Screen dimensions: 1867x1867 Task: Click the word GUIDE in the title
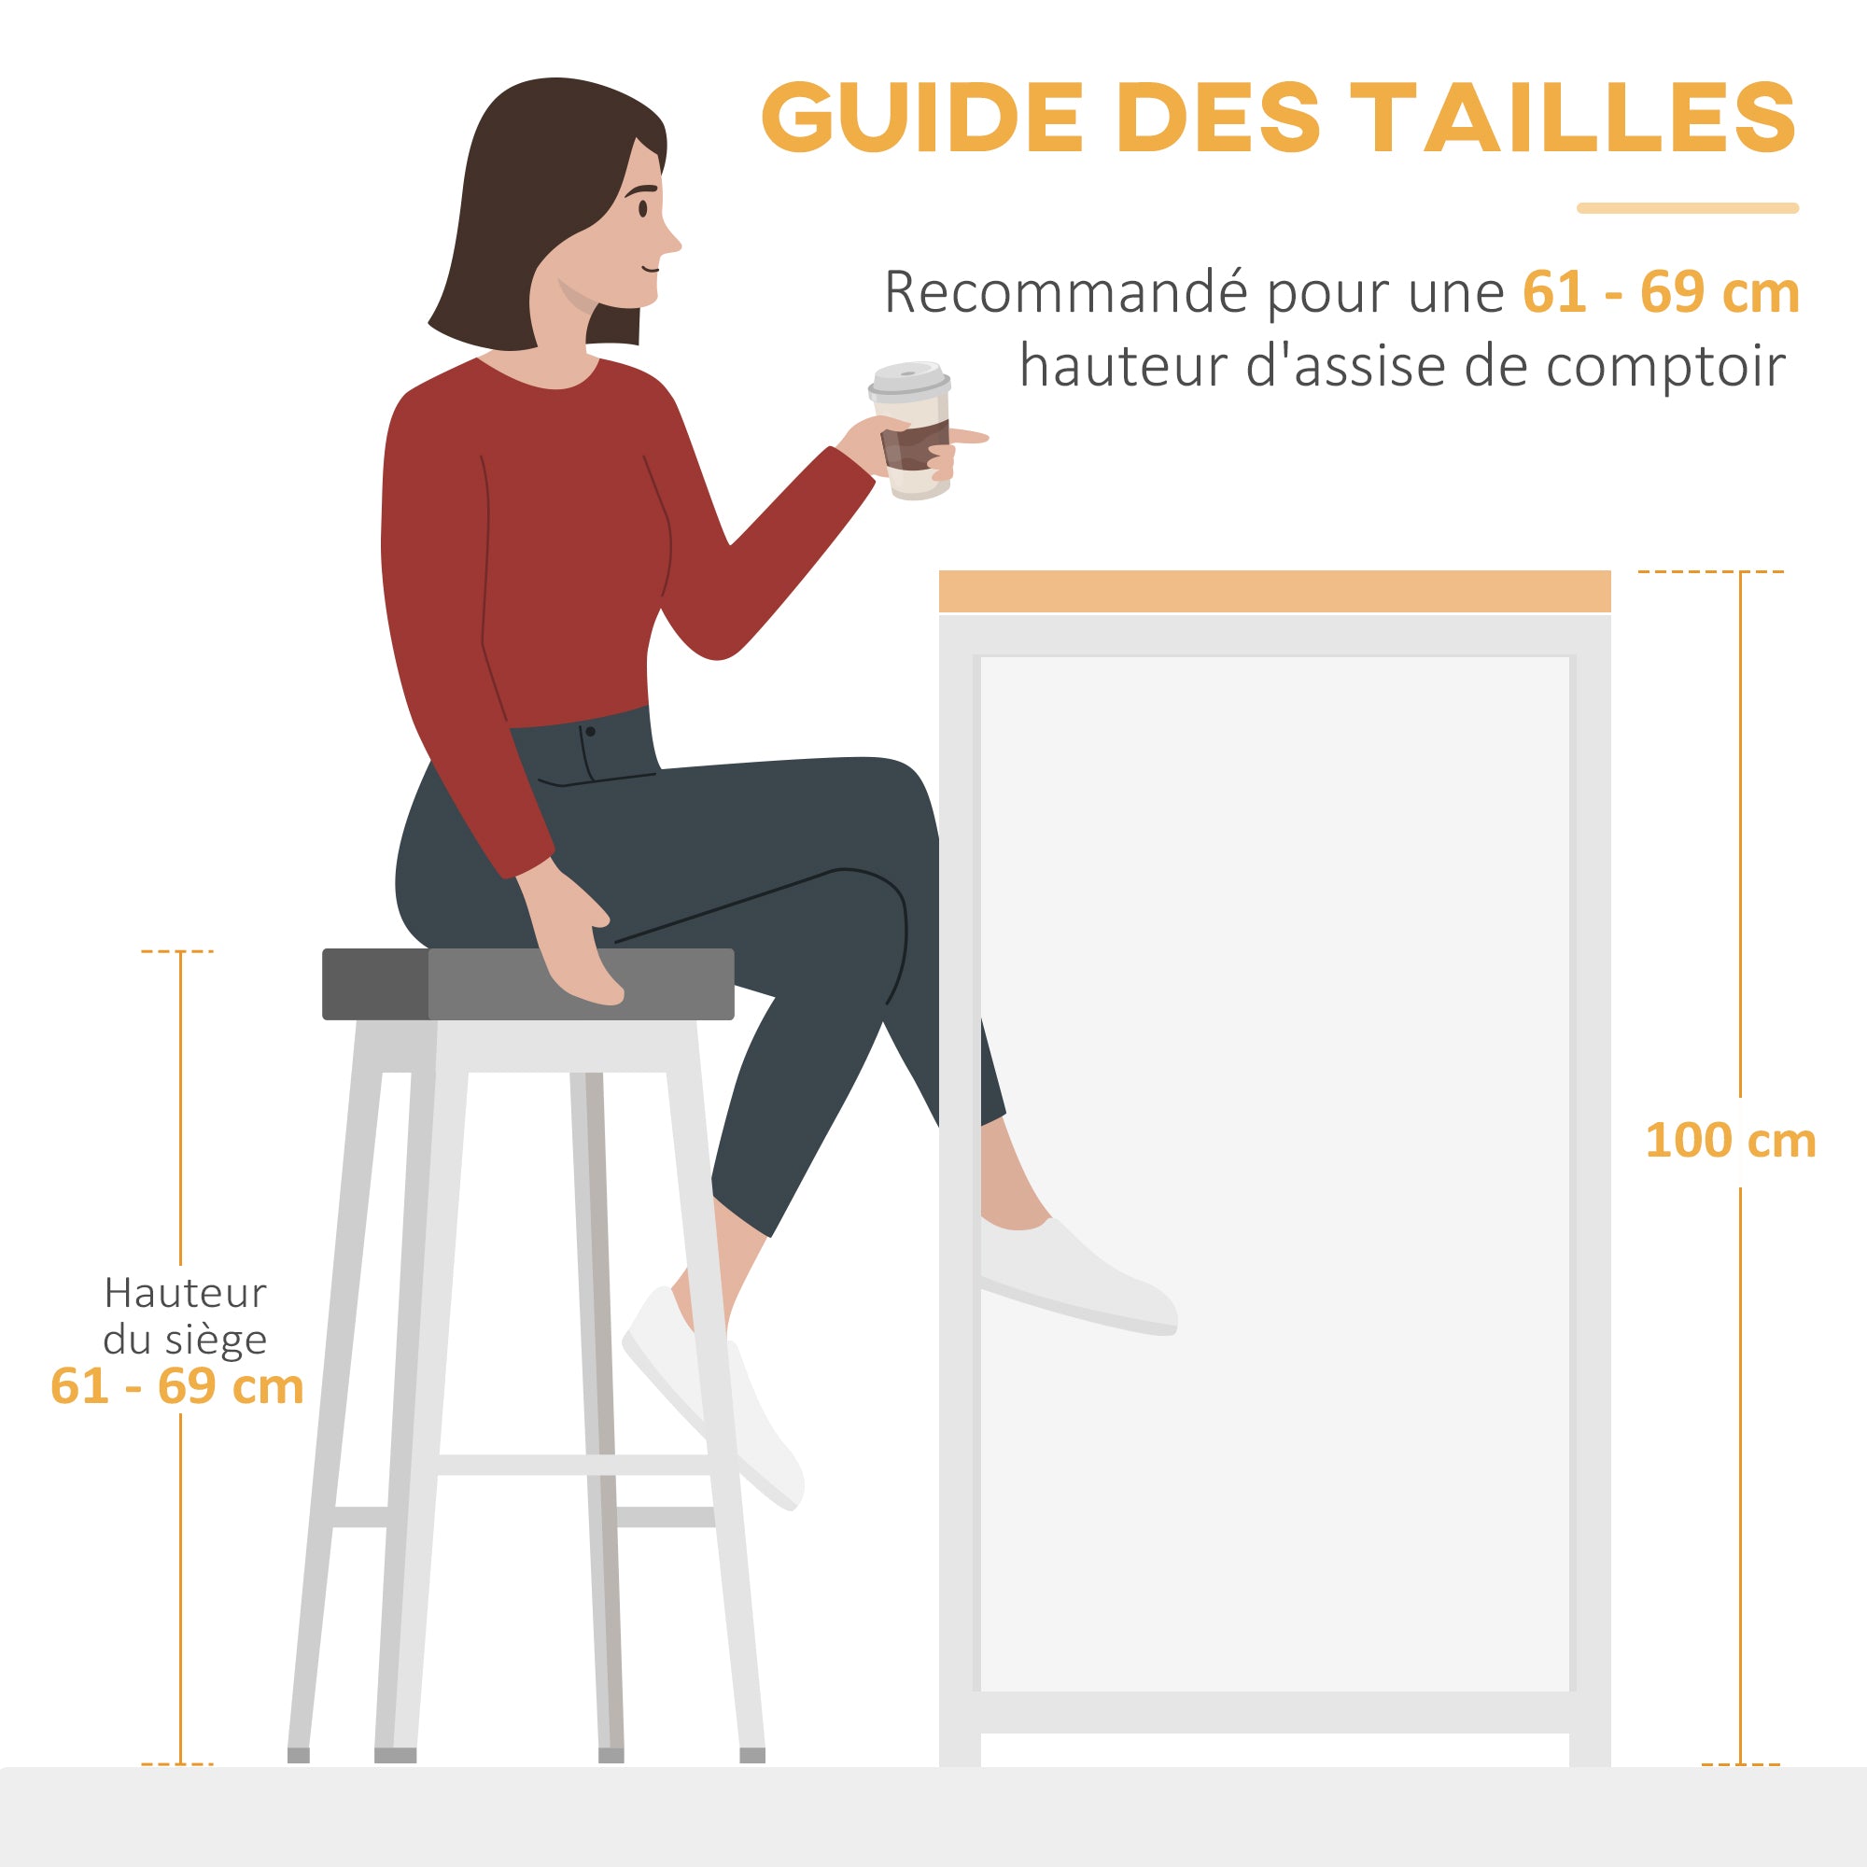(x=922, y=117)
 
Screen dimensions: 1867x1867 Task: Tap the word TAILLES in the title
(x=1609, y=117)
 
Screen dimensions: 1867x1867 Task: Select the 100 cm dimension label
(x=1730, y=1141)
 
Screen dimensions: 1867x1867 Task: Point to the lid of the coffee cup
(x=908, y=379)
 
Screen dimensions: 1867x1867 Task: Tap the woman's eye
(x=642, y=208)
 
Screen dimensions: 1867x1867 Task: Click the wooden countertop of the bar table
(x=1274, y=591)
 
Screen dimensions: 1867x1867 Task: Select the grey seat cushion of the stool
(x=527, y=984)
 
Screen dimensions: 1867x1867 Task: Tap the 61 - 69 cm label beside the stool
(x=176, y=1387)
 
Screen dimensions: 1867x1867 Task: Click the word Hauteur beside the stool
(x=185, y=1293)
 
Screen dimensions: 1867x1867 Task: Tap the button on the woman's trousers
(x=589, y=732)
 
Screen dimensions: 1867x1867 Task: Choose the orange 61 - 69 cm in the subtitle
(x=1660, y=292)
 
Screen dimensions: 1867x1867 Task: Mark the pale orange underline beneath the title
(x=1687, y=208)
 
